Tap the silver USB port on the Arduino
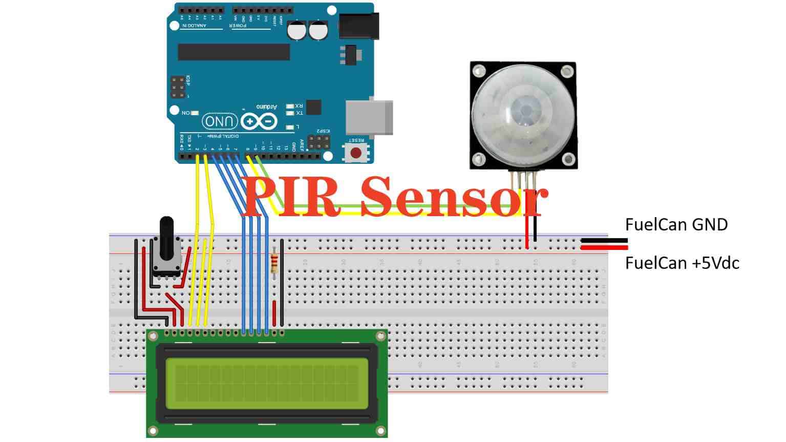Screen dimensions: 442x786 coord(369,117)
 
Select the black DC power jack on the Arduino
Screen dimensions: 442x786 coord(359,26)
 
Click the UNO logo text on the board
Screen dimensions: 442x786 coord(220,121)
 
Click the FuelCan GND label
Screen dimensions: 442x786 coord(676,224)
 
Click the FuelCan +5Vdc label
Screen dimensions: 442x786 coord(682,263)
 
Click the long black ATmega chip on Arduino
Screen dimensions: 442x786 coord(233,52)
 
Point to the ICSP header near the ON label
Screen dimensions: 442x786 coord(178,88)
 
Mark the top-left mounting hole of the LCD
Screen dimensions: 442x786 coord(152,336)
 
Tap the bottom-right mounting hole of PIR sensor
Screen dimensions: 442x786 coord(568,159)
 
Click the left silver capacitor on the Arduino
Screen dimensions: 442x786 coord(296,31)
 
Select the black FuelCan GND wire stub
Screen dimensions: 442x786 coord(604,240)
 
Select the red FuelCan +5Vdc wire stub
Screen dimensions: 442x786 coord(604,248)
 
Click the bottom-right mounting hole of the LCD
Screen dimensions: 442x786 coord(380,430)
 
